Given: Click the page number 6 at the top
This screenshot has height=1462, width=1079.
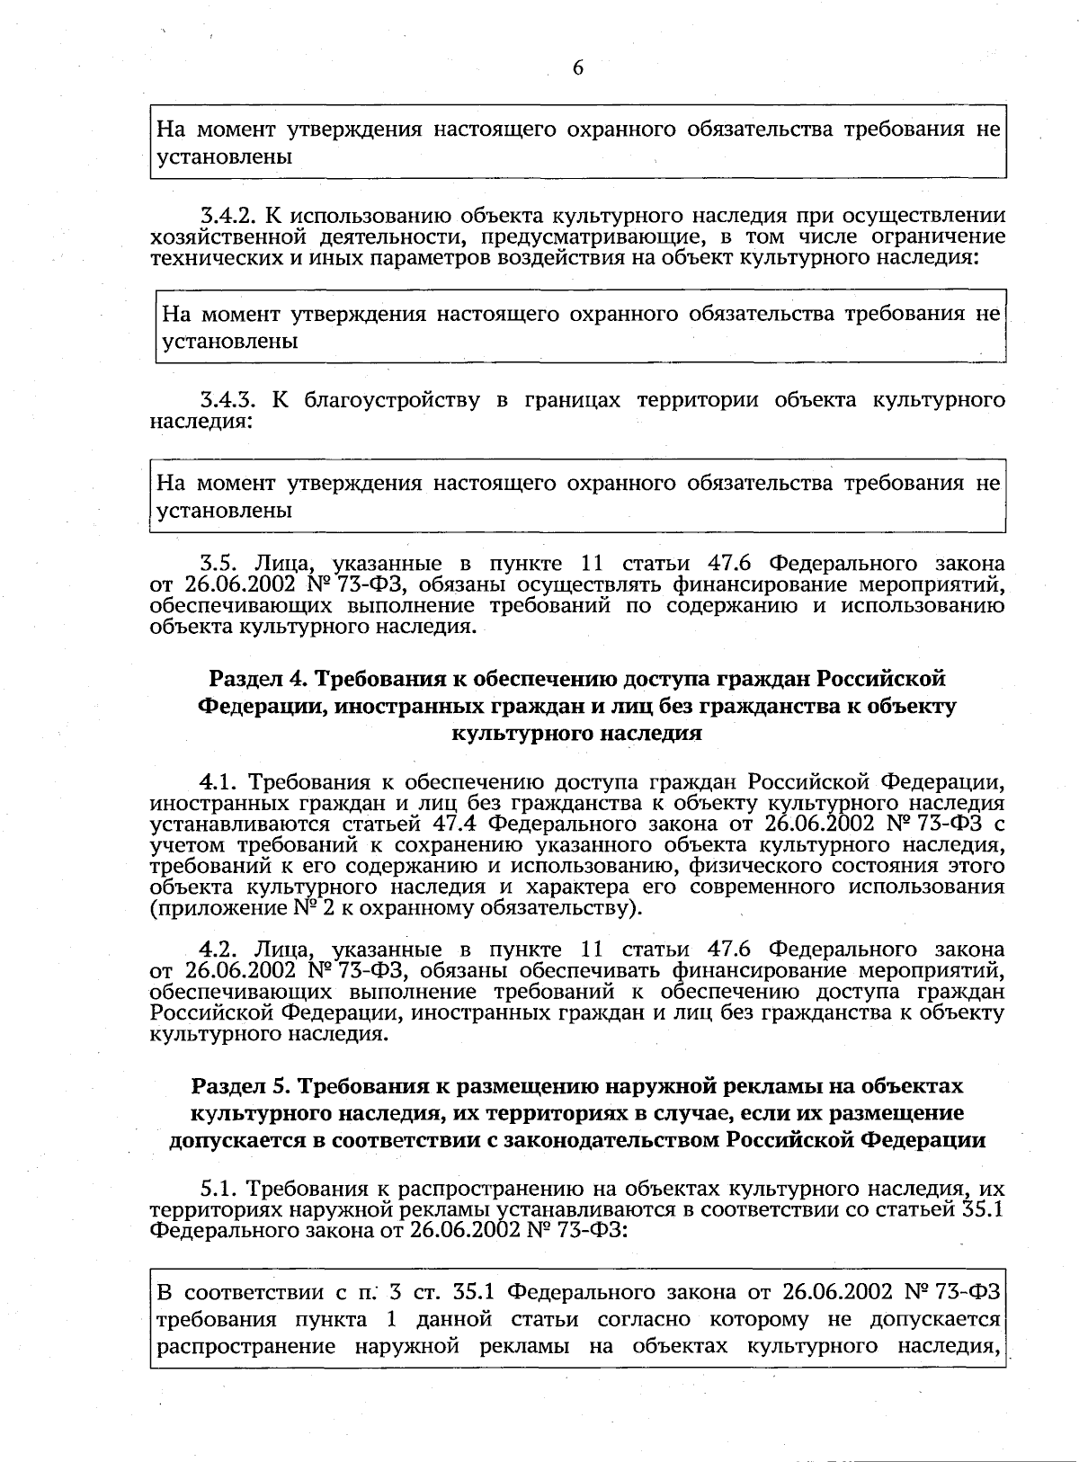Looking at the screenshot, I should tap(577, 68).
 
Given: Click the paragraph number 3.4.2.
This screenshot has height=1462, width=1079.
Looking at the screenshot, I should tap(228, 216).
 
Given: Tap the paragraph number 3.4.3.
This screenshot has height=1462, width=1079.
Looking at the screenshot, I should tap(228, 400).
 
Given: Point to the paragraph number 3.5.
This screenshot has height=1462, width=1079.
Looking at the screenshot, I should tap(218, 564).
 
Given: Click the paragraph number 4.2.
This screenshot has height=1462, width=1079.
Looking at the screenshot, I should tap(218, 949).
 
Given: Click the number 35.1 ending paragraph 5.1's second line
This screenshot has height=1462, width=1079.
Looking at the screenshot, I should tap(982, 1209).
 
